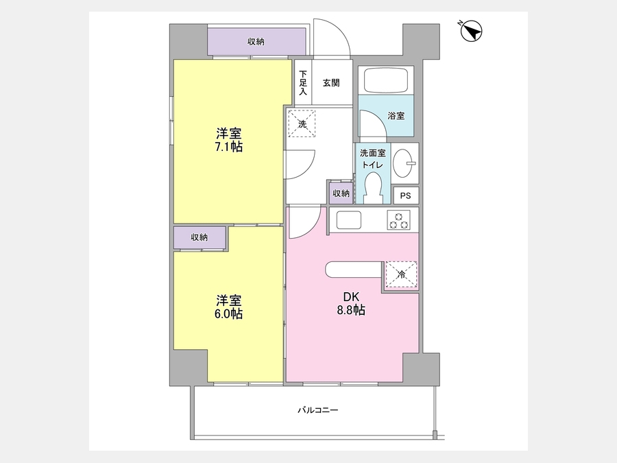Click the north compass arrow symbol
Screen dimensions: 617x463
(x=471, y=31)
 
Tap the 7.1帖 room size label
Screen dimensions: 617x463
(x=228, y=147)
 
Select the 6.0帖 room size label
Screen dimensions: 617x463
(x=228, y=313)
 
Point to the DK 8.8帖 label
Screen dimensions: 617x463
(x=351, y=304)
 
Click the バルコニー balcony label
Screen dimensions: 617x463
(x=317, y=410)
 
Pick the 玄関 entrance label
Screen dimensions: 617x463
(x=331, y=83)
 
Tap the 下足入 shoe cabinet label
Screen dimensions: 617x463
(x=303, y=83)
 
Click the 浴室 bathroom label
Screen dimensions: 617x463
(x=396, y=116)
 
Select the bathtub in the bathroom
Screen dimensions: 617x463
(x=385, y=80)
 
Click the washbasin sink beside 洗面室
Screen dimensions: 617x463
(x=404, y=163)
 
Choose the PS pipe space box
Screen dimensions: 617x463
(x=406, y=195)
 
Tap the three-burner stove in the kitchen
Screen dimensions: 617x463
(x=398, y=220)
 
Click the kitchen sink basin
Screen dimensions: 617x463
(x=348, y=219)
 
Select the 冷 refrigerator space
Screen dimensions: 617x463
(x=401, y=274)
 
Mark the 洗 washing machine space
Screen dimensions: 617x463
(x=302, y=123)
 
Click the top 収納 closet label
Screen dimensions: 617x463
(x=256, y=42)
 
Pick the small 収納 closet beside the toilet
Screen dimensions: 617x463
(x=341, y=193)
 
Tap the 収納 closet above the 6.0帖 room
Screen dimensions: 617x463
(x=199, y=237)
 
